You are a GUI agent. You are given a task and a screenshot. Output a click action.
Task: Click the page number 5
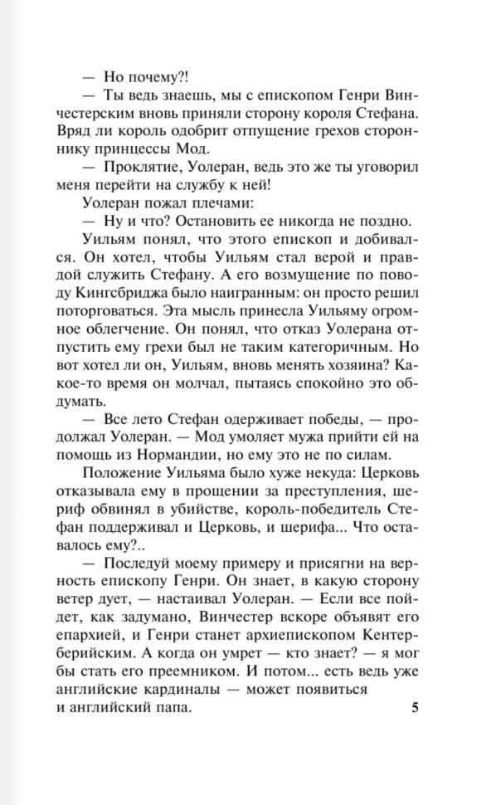pos(416,685)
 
